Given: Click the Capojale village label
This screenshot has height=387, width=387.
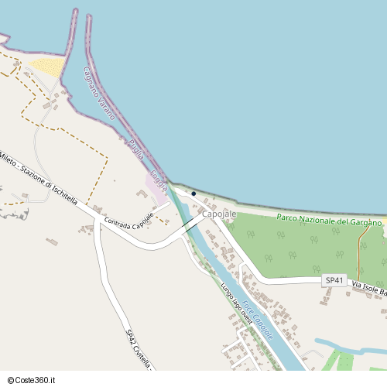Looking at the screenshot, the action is tap(218, 213).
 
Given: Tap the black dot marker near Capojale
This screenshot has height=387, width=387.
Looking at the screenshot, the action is tap(193, 193).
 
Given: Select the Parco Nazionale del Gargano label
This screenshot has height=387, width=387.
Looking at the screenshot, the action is tap(329, 221).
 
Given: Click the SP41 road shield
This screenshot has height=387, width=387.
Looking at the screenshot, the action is tap(334, 279).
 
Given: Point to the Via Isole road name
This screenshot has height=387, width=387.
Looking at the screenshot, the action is tap(368, 288).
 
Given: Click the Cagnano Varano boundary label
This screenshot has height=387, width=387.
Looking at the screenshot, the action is tap(98, 92).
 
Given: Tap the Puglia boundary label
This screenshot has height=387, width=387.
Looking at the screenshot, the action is tap(136, 146).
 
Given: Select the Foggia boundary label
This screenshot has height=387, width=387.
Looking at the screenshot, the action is tap(158, 180).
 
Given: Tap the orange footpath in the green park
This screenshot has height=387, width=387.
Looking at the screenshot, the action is tap(359, 248).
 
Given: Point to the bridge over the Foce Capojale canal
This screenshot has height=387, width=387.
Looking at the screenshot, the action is tap(190, 225).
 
